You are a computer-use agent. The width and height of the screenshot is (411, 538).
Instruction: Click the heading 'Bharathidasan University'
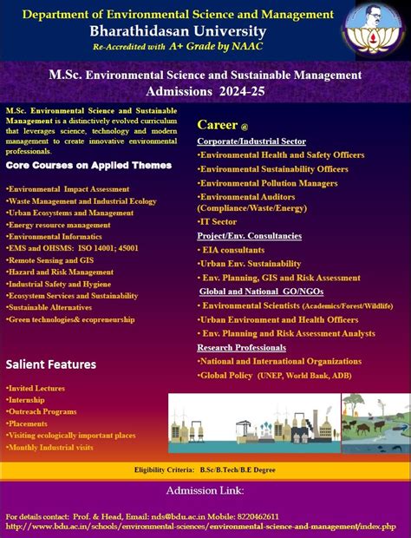(179, 30)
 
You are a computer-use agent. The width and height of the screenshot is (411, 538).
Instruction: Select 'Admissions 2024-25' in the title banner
(205, 90)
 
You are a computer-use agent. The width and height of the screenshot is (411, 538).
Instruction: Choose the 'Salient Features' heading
(51, 364)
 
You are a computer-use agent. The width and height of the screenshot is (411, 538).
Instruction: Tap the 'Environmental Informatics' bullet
(54, 236)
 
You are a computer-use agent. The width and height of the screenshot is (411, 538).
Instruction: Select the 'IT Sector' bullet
(217, 221)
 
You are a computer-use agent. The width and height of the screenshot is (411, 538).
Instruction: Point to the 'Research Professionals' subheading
(241, 347)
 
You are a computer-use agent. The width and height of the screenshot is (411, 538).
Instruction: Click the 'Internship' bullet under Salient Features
(27, 398)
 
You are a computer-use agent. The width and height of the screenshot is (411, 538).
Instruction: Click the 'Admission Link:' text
(205, 490)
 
